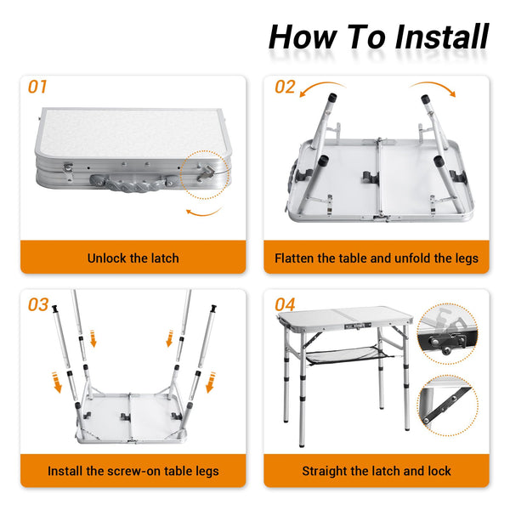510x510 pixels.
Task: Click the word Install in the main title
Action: (x=442, y=37)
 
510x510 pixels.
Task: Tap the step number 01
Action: (x=37, y=87)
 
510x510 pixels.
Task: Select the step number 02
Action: (x=285, y=87)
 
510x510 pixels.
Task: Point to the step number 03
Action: (x=38, y=305)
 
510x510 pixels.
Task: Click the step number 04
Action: (x=285, y=305)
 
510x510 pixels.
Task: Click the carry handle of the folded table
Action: (x=134, y=183)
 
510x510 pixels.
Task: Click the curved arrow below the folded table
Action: (x=204, y=212)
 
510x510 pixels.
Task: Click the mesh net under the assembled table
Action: (x=343, y=354)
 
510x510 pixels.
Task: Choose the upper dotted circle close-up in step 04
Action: (x=447, y=334)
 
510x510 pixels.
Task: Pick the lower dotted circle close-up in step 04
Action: (x=448, y=405)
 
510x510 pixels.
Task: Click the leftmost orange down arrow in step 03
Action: (x=57, y=382)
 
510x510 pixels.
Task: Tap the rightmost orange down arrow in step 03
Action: (x=211, y=382)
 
